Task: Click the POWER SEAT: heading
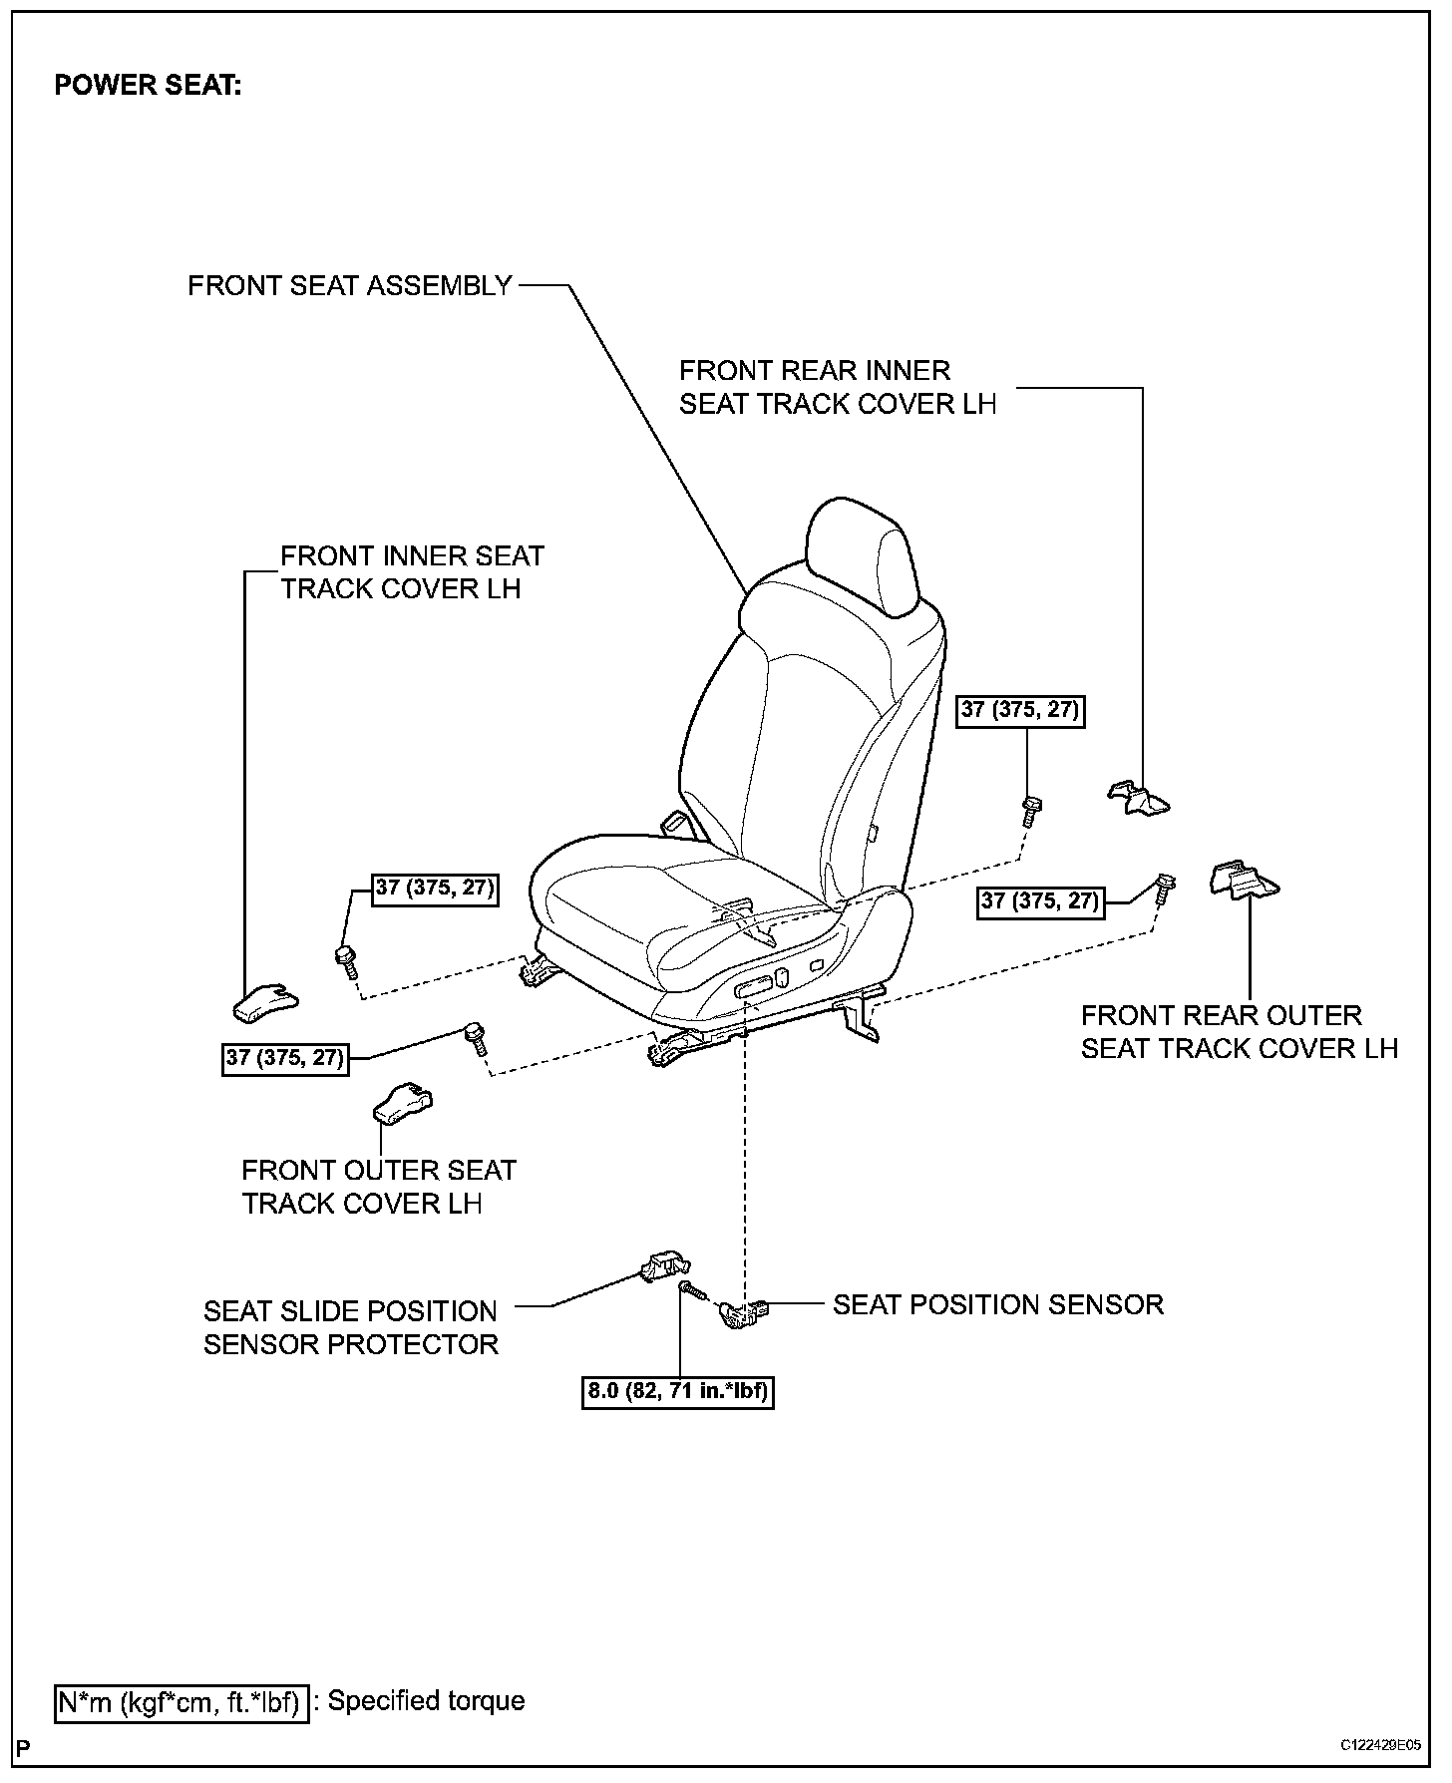148,86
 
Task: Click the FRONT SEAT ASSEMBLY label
349,286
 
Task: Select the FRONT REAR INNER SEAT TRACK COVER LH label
837,387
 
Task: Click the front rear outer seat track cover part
1244,880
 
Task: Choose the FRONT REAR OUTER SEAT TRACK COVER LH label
1239,1032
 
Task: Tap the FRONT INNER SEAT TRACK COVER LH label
412,571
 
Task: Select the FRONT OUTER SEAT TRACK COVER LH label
378,1187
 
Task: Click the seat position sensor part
747,1314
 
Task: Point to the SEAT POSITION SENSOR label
997,1304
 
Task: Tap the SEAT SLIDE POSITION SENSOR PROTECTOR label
350,1327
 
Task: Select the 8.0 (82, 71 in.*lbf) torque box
678,1390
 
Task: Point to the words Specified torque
426,1701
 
